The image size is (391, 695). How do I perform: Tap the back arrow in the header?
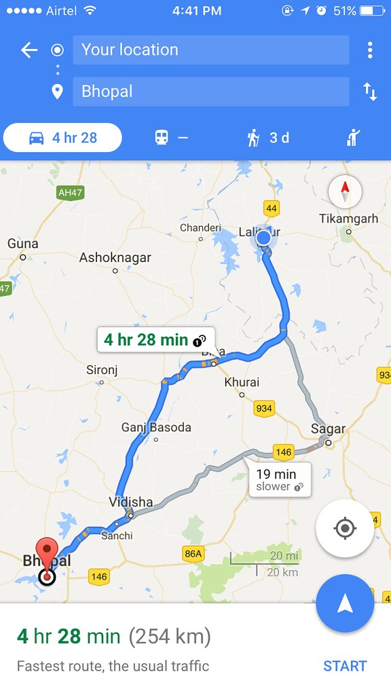(29, 50)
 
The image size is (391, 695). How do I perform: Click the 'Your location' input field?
(210, 50)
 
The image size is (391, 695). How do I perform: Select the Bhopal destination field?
(210, 92)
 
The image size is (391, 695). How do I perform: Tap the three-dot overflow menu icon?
(369, 50)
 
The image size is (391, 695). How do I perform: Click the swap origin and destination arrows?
(369, 92)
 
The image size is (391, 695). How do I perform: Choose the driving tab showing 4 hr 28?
(63, 138)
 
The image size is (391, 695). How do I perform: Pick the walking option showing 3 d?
(268, 138)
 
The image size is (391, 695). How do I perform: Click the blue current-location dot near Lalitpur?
(263, 238)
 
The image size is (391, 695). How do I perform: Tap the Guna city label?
(23, 244)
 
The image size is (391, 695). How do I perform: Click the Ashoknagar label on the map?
(115, 258)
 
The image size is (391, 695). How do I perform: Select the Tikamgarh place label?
(348, 219)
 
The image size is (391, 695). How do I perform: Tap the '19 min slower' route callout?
(280, 479)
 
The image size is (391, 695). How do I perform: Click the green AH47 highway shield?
(70, 193)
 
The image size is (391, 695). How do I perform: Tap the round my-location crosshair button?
(344, 528)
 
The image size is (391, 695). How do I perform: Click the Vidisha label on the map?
(130, 502)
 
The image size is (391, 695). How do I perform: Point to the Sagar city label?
(328, 429)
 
